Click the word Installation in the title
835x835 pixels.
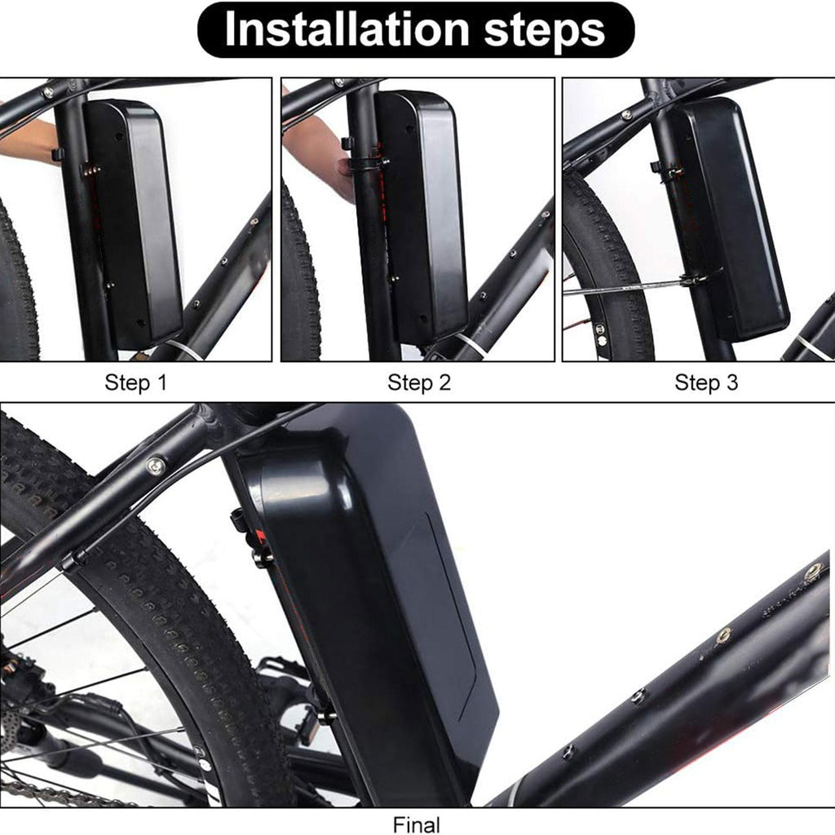[x=347, y=29]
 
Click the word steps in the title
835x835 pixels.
[x=544, y=32]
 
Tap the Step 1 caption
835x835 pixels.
[x=136, y=382]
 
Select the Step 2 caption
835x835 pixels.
[x=419, y=382]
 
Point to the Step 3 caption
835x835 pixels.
[x=706, y=382]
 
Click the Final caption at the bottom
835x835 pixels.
[x=417, y=825]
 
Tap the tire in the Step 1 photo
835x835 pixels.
[x=19, y=282]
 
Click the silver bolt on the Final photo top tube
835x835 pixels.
[x=156, y=466]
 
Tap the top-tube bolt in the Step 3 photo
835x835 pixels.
[x=627, y=114]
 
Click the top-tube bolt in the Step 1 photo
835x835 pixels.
[x=48, y=92]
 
